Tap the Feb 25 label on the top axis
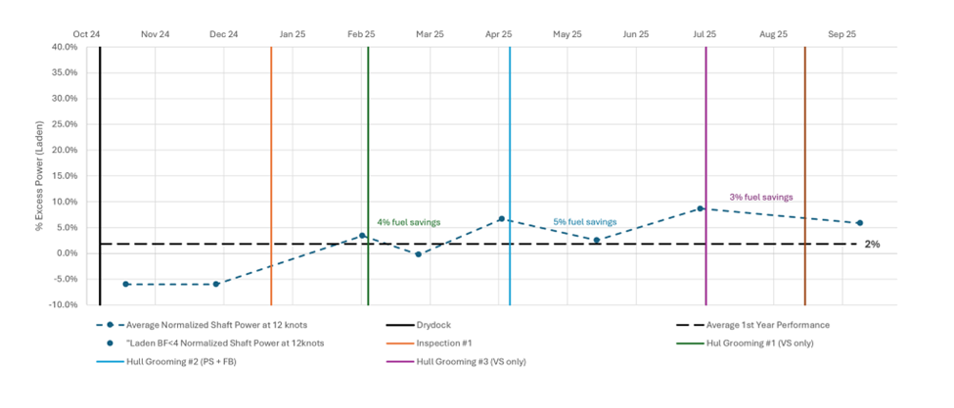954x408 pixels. (x=361, y=34)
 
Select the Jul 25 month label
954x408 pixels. (x=704, y=34)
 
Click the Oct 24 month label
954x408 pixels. (x=86, y=34)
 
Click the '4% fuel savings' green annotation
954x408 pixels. (x=408, y=222)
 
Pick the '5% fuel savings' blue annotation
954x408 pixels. (x=584, y=222)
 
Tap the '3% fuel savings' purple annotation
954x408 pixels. (x=760, y=198)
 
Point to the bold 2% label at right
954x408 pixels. (x=872, y=244)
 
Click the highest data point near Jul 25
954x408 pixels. (x=701, y=208)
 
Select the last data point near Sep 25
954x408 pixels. (x=859, y=223)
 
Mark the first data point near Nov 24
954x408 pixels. (x=126, y=284)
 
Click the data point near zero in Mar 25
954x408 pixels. (x=418, y=254)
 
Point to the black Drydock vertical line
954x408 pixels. (x=100, y=176)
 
